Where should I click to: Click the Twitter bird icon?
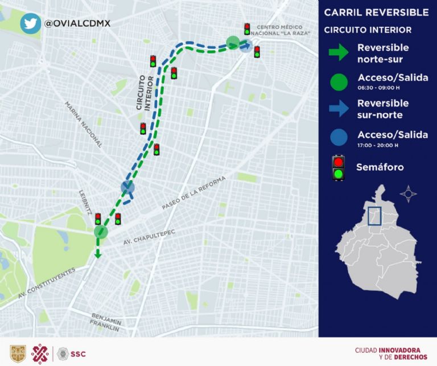(x=30, y=23)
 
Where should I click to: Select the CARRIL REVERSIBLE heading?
(x=376, y=13)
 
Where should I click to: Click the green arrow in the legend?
(x=338, y=53)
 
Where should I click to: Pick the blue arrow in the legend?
(x=338, y=108)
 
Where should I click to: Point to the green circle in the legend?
(x=338, y=81)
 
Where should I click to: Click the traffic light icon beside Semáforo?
(x=339, y=168)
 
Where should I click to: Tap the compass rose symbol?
(x=408, y=194)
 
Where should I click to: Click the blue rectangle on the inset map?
(x=374, y=216)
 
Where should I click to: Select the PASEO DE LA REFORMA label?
(x=193, y=194)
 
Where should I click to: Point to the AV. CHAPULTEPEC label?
(x=149, y=237)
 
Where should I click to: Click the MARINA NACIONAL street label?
(x=83, y=125)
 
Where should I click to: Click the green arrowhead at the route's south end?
(x=98, y=254)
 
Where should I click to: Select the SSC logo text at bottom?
(x=79, y=353)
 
